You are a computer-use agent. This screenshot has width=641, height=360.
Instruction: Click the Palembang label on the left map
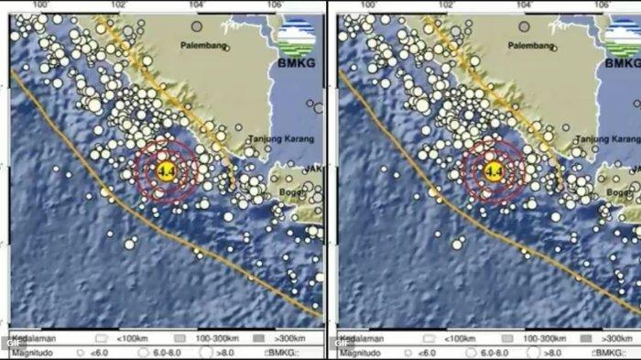point(202,44)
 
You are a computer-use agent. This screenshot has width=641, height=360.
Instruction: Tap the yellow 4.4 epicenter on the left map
point(166,171)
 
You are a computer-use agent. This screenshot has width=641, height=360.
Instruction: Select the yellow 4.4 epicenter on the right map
point(493,171)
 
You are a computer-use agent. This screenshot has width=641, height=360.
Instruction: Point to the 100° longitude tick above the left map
point(39,5)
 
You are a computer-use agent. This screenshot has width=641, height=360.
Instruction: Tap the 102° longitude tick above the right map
point(445,5)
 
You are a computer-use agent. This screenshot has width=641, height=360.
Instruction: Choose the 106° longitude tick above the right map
point(601,5)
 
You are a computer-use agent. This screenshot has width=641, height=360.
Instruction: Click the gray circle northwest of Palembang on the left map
point(197,27)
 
